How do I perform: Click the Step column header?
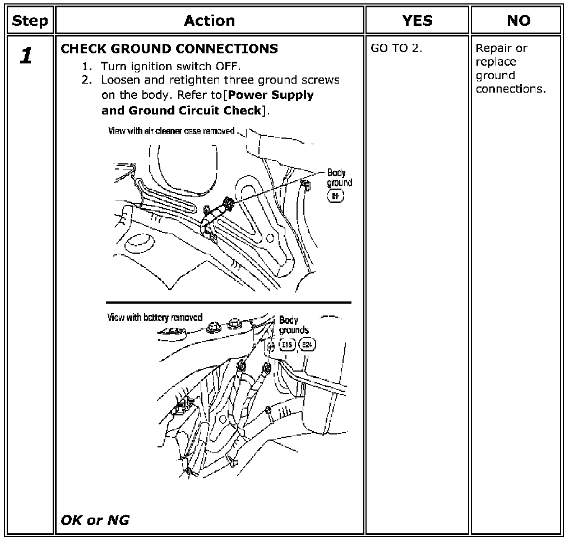[x=30, y=21]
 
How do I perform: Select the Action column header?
[x=210, y=21]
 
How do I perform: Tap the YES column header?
[x=417, y=21]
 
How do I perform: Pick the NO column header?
[x=519, y=21]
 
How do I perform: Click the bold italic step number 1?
[x=26, y=56]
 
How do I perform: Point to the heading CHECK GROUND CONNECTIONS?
[x=169, y=49]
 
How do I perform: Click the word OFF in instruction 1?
[x=228, y=66]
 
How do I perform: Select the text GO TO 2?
[x=396, y=48]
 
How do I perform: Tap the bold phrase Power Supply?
[x=271, y=95]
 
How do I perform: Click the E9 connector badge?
[x=335, y=196]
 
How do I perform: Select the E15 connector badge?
[x=288, y=345]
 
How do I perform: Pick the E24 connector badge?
[x=307, y=345]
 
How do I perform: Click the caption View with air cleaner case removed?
[x=172, y=131]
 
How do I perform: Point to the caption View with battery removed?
[x=155, y=318]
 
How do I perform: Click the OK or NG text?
[x=95, y=520]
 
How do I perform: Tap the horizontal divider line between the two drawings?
[x=229, y=303]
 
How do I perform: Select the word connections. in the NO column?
[x=511, y=89]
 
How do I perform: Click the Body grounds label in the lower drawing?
[x=294, y=325]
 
